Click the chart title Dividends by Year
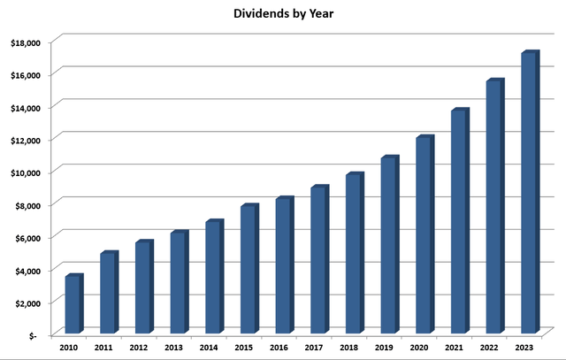[x=282, y=14]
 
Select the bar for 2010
[x=73, y=304]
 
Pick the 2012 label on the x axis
[x=139, y=348]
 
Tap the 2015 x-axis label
[x=243, y=348]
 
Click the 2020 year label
[x=418, y=348]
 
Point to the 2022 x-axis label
[x=488, y=348]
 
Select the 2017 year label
[x=313, y=348]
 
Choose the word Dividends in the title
[x=256, y=14]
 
